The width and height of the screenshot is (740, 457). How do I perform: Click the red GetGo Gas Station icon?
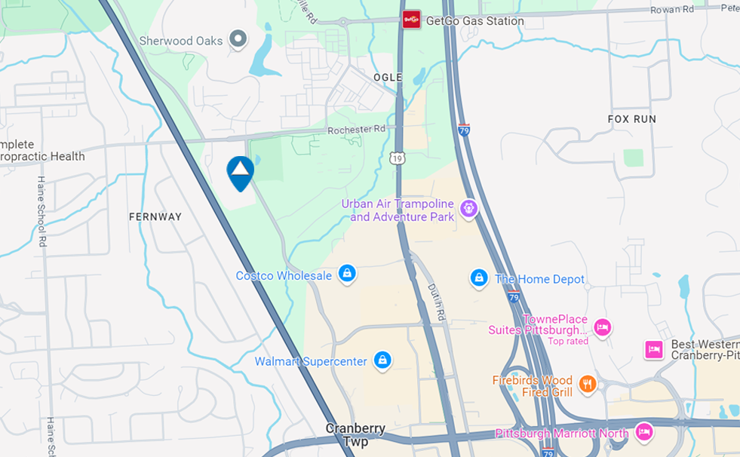tap(411, 20)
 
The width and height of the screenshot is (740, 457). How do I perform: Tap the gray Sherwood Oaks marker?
tap(238, 38)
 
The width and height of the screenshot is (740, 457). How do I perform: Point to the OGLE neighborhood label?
tap(388, 78)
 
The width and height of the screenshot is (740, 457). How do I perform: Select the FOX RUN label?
tap(632, 119)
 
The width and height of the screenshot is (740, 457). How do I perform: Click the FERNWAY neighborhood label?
tap(155, 216)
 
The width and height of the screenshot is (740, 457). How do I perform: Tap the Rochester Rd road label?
tap(356, 130)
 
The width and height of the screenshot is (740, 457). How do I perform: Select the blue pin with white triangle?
tap(240, 173)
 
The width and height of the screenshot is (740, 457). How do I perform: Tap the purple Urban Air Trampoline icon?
tap(469, 207)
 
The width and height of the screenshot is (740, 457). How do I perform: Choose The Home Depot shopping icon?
tap(478, 278)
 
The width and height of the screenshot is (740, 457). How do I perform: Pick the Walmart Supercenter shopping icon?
tap(382, 360)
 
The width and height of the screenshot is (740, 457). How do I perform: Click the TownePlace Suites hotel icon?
tap(602, 327)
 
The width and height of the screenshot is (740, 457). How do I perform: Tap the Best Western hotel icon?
tap(653, 349)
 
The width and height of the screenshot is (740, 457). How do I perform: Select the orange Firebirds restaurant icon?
tap(587, 385)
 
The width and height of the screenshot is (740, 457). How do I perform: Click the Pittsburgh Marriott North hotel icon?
tap(643, 432)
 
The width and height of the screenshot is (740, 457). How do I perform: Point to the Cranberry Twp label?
tap(355, 435)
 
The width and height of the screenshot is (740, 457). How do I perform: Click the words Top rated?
tap(567, 341)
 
